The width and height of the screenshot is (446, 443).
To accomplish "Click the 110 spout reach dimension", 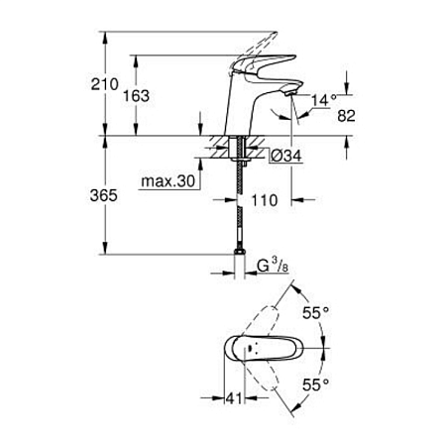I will [x=263, y=200].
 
